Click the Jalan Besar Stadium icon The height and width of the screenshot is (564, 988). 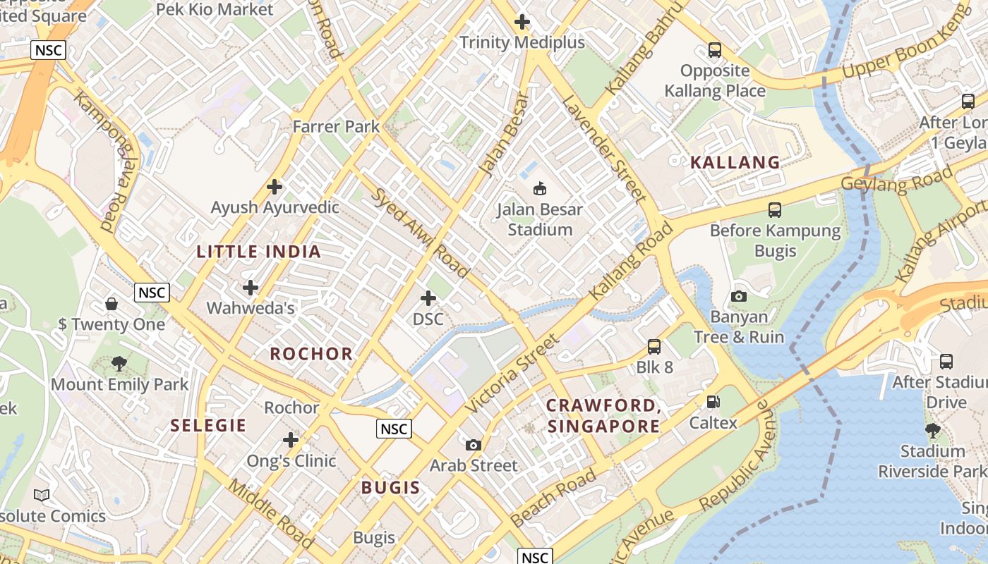(x=540, y=188)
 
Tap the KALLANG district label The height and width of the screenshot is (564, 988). (x=735, y=162)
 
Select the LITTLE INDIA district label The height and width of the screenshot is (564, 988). (x=258, y=252)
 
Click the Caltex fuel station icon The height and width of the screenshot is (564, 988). (x=713, y=402)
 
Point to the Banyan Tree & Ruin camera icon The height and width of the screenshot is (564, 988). (x=739, y=296)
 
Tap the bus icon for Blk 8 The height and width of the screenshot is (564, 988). (x=654, y=347)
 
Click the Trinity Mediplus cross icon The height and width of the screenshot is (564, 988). (x=522, y=22)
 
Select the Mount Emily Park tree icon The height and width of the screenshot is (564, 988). (x=119, y=364)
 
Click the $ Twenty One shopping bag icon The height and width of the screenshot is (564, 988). (x=112, y=304)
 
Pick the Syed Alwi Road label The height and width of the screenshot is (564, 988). (x=419, y=233)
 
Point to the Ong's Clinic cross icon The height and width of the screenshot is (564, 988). (x=291, y=440)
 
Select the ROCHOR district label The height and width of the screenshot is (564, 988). (x=311, y=354)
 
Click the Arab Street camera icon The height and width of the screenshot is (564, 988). (x=474, y=445)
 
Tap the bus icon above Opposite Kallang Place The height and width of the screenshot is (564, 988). (x=715, y=50)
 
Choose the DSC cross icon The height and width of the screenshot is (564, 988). (x=428, y=298)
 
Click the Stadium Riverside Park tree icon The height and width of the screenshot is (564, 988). (x=932, y=430)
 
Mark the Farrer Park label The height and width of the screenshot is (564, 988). (x=336, y=127)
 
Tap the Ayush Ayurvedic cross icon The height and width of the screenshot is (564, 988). (x=275, y=187)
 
